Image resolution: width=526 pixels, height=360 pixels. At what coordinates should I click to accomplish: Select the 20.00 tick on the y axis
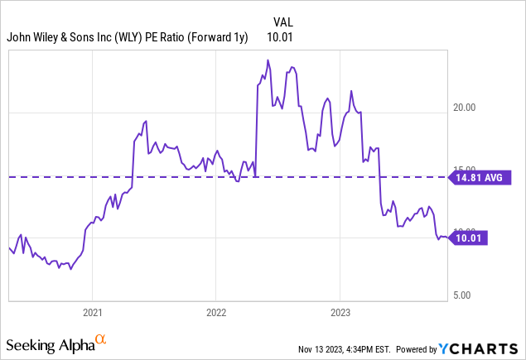(470, 108)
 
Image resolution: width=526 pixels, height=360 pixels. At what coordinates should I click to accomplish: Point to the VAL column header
(282, 21)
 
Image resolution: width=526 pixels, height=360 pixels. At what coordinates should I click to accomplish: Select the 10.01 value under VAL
(280, 36)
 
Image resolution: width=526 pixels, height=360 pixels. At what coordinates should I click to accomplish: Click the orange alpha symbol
(101, 339)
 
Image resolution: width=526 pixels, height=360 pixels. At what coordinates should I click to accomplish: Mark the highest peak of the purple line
(268, 60)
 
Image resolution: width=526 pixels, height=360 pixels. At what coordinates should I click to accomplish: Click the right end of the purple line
(447, 238)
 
